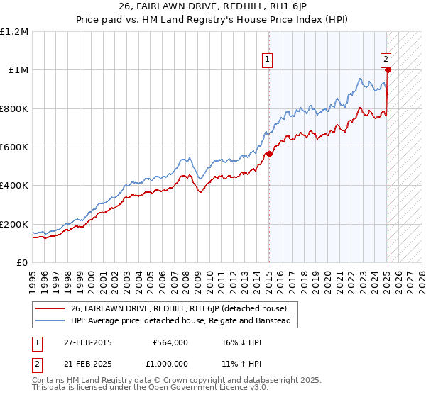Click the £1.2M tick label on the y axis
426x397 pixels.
[x=14, y=32]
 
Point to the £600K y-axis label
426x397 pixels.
[x=14, y=147]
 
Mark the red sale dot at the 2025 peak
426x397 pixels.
[x=388, y=70]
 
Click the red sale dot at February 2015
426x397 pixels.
[x=269, y=154]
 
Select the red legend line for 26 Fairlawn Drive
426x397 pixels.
[x=50, y=308]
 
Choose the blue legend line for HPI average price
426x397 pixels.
[x=50, y=320]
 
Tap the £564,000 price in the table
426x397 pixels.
[x=170, y=342]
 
